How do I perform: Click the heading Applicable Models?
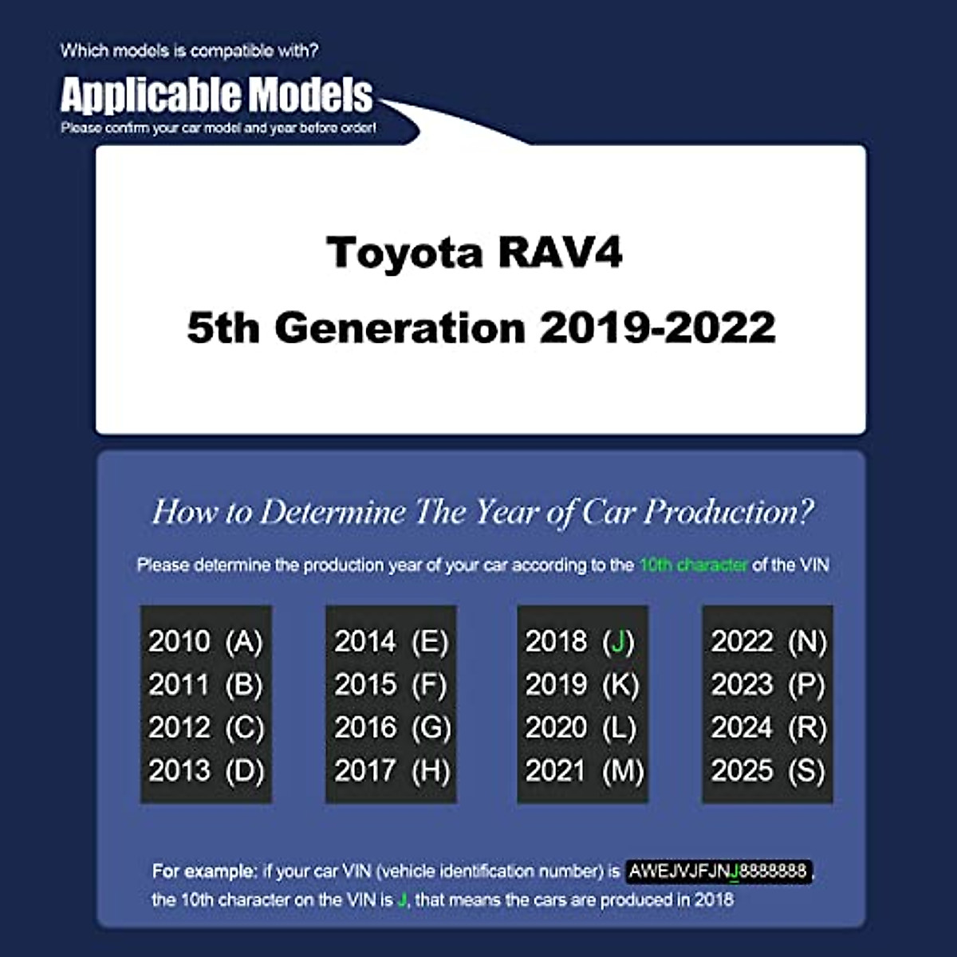pyautogui.click(x=216, y=96)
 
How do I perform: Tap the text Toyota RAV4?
pyautogui.click(x=475, y=253)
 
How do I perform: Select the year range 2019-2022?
pyautogui.click(x=657, y=328)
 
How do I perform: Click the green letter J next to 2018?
pyautogui.click(x=618, y=642)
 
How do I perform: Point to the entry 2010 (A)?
pyautogui.click(x=205, y=642)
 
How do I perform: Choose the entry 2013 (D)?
pyautogui.click(x=205, y=771)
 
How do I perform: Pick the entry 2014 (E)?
pyautogui.click(x=391, y=642)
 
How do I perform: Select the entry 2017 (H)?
pyautogui.click(x=391, y=771)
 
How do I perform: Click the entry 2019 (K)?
pyautogui.click(x=582, y=685)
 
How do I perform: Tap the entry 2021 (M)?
pyautogui.click(x=584, y=771)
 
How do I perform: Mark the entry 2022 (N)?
pyautogui.click(x=768, y=642)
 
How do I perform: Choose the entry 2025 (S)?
pyautogui.click(x=768, y=771)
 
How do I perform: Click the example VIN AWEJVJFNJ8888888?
pyautogui.click(x=718, y=871)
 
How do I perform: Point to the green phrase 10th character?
pyautogui.click(x=693, y=565)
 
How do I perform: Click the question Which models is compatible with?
pyautogui.click(x=189, y=51)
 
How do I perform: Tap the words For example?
pyautogui.click(x=204, y=871)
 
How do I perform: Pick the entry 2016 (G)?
pyautogui.click(x=392, y=728)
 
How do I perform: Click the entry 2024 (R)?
pyautogui.click(x=768, y=728)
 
